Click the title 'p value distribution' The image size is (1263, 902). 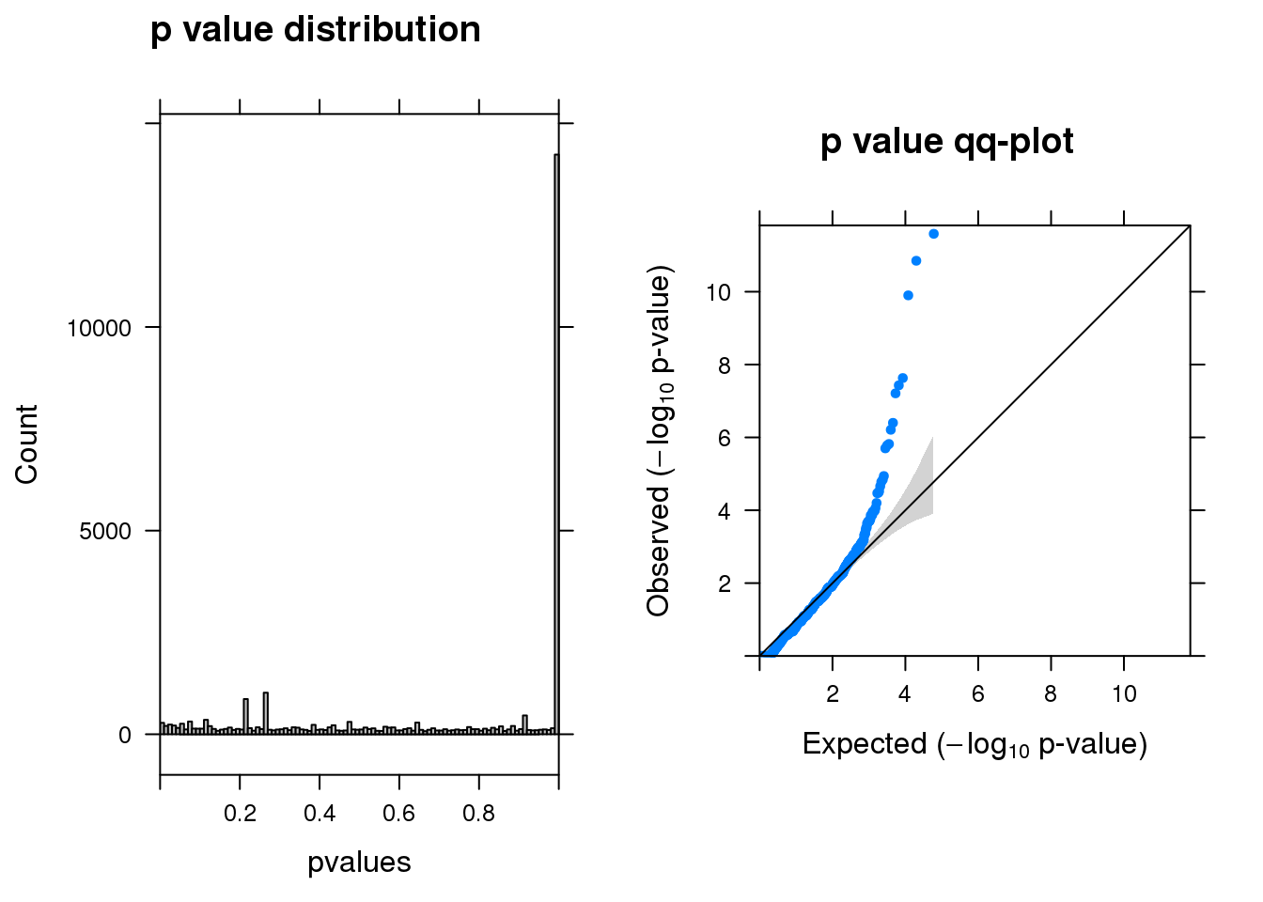click(315, 30)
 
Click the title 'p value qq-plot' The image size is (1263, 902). click(946, 142)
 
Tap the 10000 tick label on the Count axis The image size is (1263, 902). click(100, 328)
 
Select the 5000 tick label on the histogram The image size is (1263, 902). click(105, 532)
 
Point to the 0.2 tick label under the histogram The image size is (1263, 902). click(240, 813)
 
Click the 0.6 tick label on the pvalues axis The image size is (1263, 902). click(399, 813)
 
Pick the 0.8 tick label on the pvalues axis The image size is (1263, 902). click(479, 813)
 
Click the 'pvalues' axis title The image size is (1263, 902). click(359, 863)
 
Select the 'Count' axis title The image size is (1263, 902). click(26, 444)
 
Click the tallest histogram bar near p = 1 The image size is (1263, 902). click(556, 442)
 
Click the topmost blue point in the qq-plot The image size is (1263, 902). click(933, 234)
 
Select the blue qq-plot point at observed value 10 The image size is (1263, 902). click(908, 296)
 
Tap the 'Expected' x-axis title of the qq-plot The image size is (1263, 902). click(975, 744)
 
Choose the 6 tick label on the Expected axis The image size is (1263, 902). click(978, 694)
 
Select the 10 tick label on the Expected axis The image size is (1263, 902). click(1124, 694)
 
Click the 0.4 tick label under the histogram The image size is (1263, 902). click(320, 813)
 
